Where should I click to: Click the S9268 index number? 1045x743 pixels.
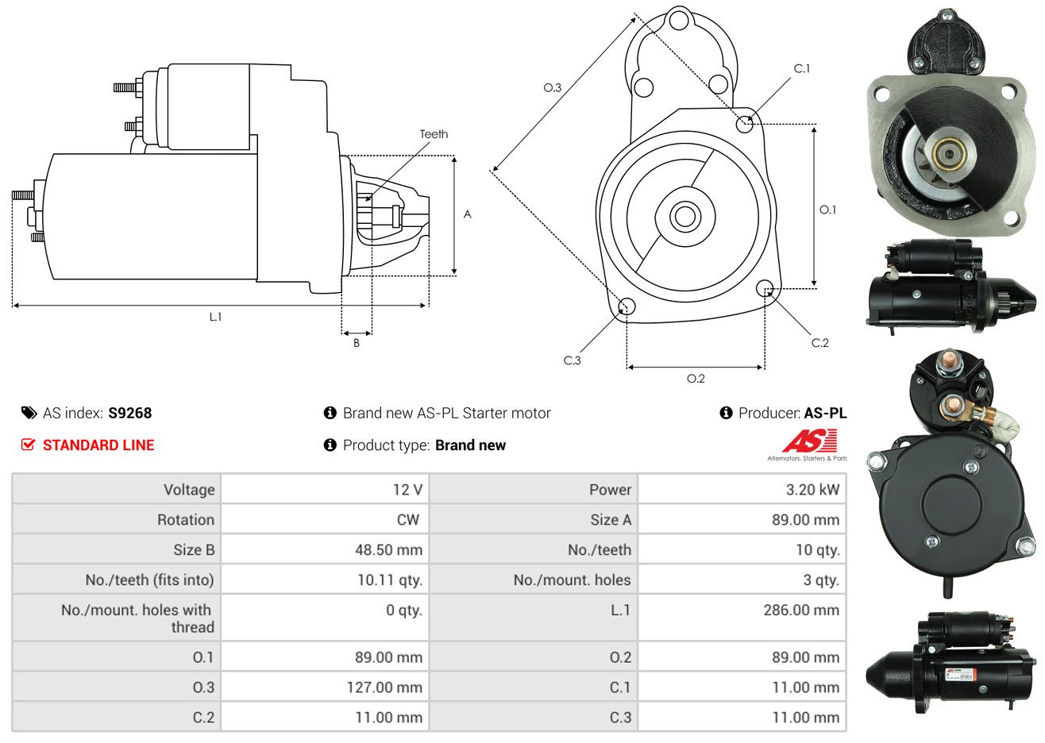(129, 414)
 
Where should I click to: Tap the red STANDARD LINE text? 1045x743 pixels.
(98, 445)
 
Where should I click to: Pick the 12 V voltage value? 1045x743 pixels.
(407, 489)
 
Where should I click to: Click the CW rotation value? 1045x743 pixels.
(407, 520)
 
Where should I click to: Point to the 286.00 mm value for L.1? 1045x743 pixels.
(801, 610)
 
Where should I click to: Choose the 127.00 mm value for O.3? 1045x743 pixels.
(384, 687)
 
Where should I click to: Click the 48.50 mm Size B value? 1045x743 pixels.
(388, 549)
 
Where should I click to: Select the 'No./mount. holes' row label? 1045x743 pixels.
(572, 579)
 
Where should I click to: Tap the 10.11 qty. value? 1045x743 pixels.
(390, 579)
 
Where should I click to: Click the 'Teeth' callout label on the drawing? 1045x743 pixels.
(434, 134)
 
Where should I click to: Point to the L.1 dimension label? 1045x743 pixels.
(215, 318)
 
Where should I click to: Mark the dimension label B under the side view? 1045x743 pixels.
(357, 343)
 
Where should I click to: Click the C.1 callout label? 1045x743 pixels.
(801, 68)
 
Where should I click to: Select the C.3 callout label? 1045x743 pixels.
(572, 360)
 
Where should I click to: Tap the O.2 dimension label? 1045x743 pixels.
(696, 379)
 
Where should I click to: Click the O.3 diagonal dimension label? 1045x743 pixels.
(553, 87)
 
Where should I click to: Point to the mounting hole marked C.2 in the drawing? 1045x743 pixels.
(765, 288)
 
